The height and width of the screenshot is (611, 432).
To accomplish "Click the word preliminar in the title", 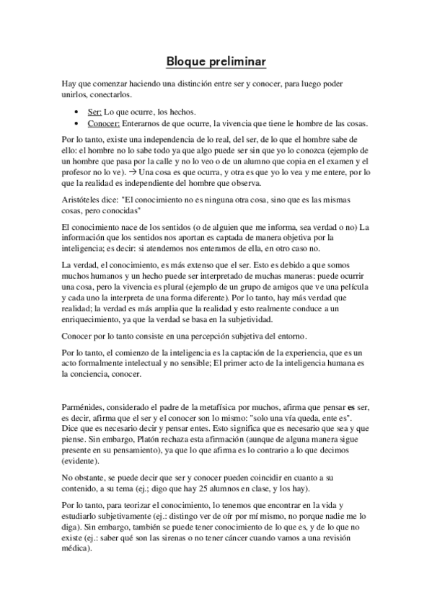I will point(237,63).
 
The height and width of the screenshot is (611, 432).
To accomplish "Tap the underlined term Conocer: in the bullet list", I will point(104,124).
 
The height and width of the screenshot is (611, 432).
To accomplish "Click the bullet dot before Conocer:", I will point(78,124).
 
